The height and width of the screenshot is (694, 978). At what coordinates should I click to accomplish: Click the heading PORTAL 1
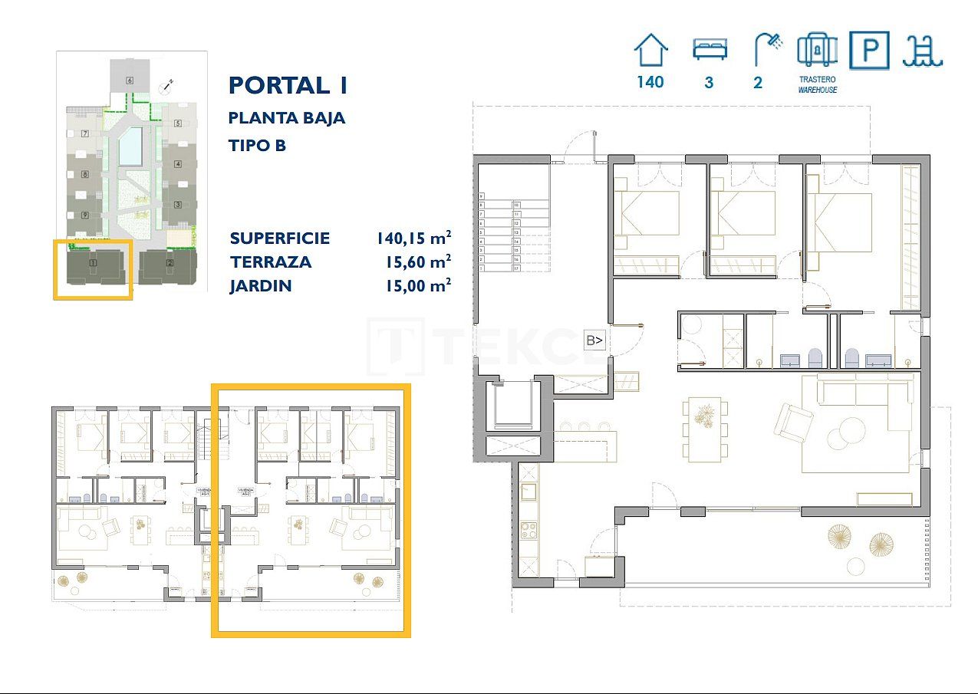(x=288, y=85)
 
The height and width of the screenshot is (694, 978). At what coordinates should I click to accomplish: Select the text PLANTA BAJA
(x=287, y=118)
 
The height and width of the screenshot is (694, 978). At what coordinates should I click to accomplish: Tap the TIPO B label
(x=257, y=144)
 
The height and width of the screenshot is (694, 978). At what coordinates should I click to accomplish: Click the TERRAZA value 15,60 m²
(x=417, y=261)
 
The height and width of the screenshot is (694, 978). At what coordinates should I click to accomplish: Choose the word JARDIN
(x=261, y=286)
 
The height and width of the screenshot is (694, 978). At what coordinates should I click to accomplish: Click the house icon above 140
(x=650, y=51)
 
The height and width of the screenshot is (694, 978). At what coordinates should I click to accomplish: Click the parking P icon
(x=870, y=51)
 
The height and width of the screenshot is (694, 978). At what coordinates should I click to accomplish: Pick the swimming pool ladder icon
(x=923, y=51)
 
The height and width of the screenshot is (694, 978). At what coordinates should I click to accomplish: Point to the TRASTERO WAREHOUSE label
(x=817, y=84)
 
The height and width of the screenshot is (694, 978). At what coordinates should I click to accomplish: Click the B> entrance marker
(x=594, y=340)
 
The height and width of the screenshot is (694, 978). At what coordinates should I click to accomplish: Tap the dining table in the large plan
(x=703, y=429)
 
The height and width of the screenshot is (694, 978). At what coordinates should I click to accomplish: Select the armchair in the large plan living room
(x=792, y=421)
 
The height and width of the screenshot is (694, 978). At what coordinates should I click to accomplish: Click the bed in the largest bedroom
(x=841, y=222)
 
